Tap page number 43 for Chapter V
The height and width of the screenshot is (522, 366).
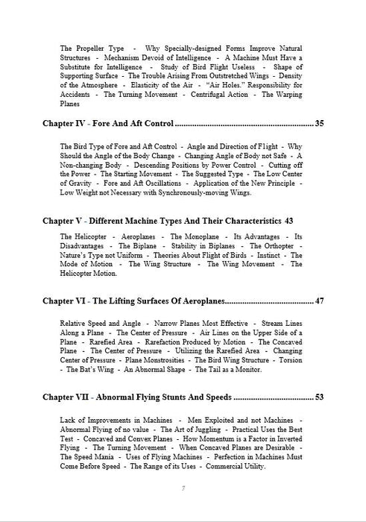[x=289, y=221]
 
